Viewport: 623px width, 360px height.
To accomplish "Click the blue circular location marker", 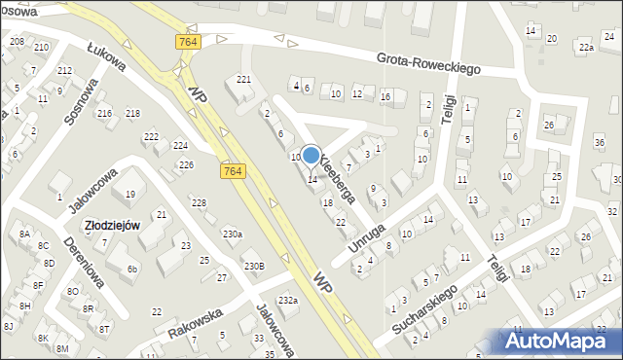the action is [x=311, y=155].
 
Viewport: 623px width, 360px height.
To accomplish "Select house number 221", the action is [x=243, y=79].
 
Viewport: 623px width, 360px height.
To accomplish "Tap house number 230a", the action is [x=232, y=234].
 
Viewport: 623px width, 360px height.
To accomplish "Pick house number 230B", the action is [x=254, y=266].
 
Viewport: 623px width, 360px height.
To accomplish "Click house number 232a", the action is [x=287, y=301].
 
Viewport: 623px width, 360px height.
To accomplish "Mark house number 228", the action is [x=199, y=202].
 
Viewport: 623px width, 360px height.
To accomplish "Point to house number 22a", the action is [x=585, y=47].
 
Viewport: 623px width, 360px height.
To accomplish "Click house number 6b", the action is [x=134, y=269].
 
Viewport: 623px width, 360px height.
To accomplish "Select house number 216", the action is [x=104, y=114].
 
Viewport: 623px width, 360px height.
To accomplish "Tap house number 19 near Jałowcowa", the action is [x=129, y=195].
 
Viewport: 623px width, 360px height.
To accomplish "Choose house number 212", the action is [x=64, y=71].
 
